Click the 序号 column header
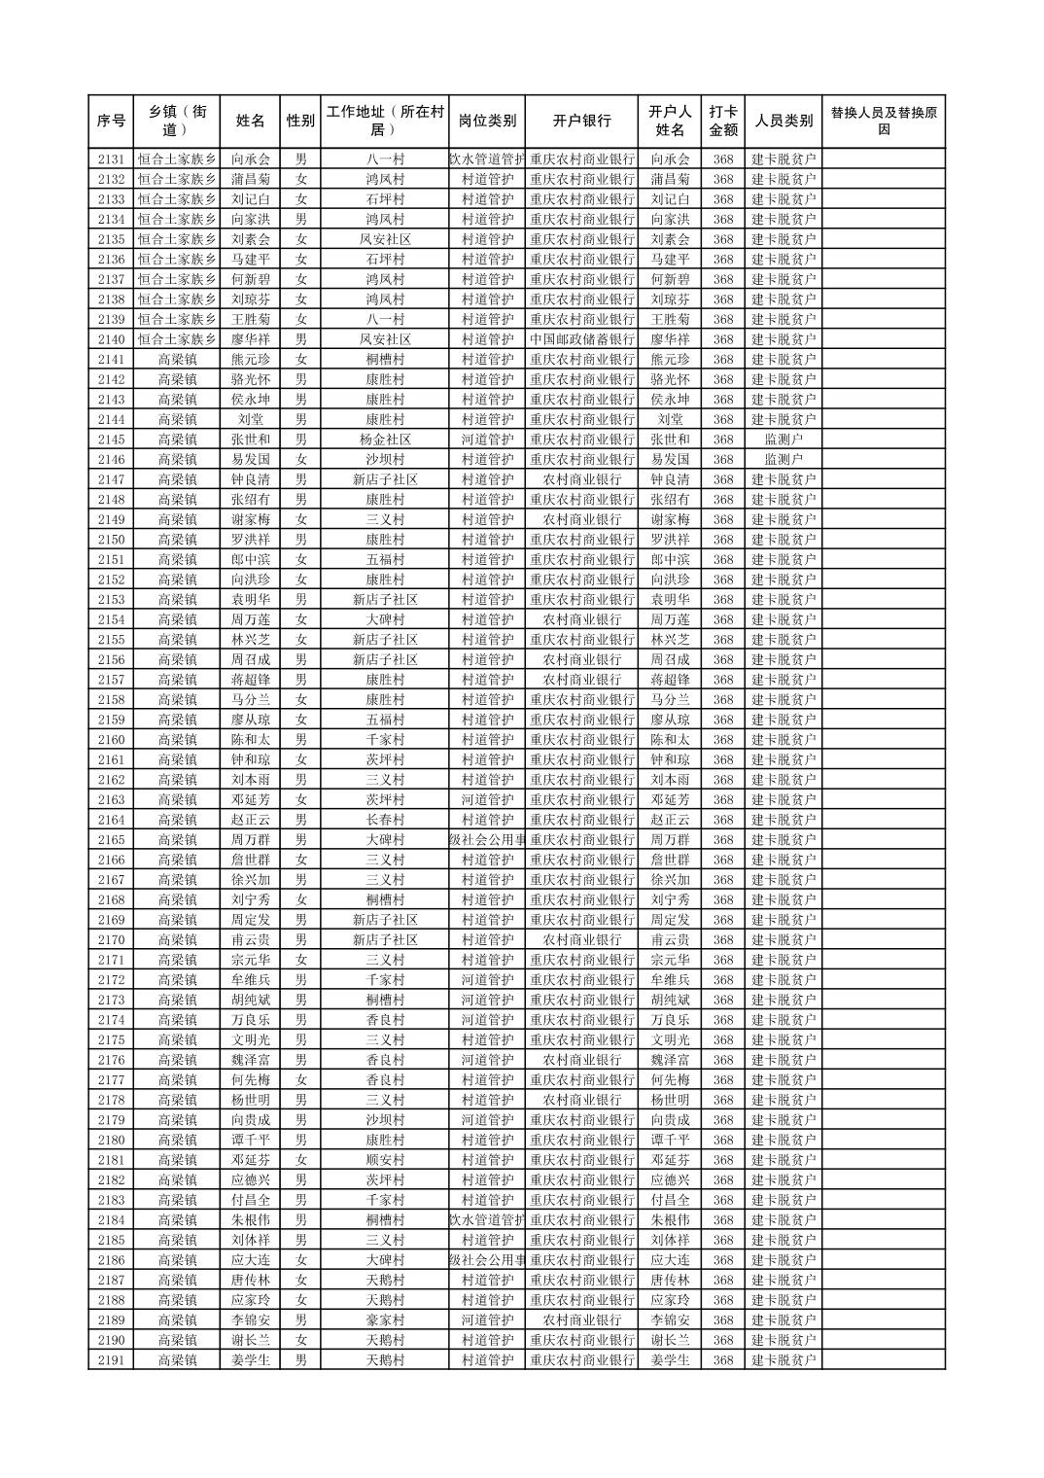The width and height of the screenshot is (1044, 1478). pos(111,121)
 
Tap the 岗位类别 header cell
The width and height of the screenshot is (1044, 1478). pos(487,121)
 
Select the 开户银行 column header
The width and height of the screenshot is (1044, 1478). pos(581,121)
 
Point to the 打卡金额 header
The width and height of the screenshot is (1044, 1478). pos(722,121)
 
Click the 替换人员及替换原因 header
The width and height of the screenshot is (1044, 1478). pos(883,121)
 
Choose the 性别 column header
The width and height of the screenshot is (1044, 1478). pos(300,121)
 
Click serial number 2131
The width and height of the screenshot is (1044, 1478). pos(111,159)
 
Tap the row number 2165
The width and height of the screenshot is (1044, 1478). pos(111,840)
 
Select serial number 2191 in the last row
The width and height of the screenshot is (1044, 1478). pos(111,1360)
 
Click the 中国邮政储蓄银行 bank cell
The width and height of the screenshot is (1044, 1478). pos(581,339)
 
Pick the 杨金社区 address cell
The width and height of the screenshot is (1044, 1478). pos(385,440)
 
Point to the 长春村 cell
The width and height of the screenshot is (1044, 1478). pos(385,820)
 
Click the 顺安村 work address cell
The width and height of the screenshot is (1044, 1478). pos(385,1160)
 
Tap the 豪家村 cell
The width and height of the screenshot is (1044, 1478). pos(385,1320)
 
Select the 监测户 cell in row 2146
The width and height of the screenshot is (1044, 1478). pos(783,460)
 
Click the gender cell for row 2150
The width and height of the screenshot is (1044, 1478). pos(300,540)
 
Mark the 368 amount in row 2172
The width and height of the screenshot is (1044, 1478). pos(722,980)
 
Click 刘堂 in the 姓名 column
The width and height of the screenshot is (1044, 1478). pos(250,420)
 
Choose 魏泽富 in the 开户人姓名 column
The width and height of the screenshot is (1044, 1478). pos(670,1060)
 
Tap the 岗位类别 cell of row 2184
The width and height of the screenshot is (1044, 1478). pos(487,1220)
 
